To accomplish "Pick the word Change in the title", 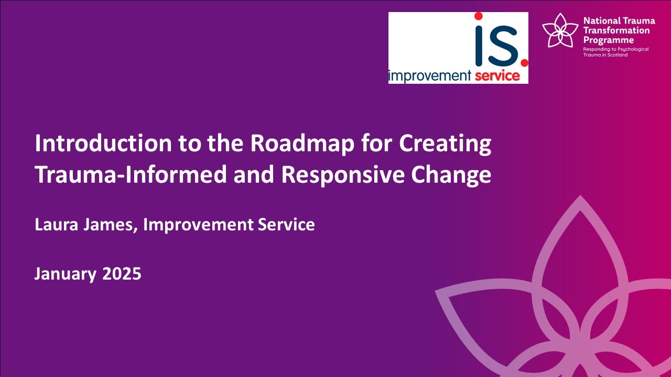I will [451, 174].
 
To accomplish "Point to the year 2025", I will [122, 273].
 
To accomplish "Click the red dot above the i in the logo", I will [478, 16].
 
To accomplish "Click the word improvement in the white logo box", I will [430, 76].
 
